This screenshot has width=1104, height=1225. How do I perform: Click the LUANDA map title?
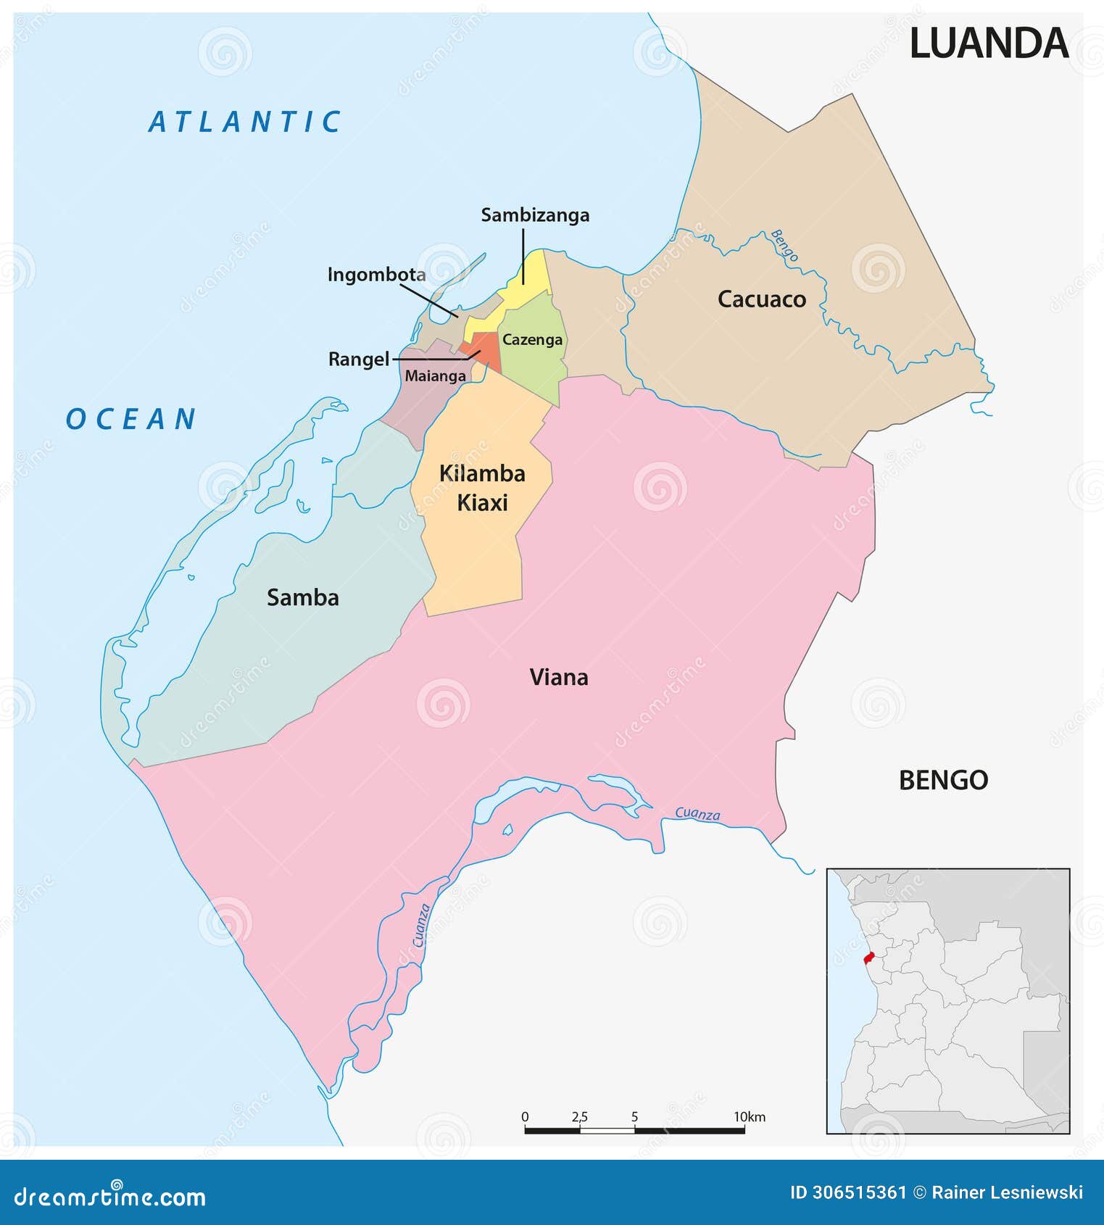[x=988, y=43]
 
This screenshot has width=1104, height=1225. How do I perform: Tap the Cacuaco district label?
[x=761, y=299]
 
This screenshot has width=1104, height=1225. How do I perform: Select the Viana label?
[x=559, y=677]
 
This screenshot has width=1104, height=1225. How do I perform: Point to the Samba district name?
[x=303, y=597]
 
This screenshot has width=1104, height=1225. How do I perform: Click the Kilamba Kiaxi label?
[x=482, y=488]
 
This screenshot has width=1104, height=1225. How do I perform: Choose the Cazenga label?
[x=532, y=340]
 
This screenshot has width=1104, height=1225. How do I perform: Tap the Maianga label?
[x=435, y=375]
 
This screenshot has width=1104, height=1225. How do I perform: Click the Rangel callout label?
[x=359, y=359]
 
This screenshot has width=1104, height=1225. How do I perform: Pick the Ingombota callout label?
[x=376, y=275]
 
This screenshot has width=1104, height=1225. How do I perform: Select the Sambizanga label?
[x=535, y=215]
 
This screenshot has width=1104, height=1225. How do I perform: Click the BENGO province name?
[x=943, y=780]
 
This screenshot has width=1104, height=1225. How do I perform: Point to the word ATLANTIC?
[x=245, y=122]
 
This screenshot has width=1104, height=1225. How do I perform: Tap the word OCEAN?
[x=131, y=419]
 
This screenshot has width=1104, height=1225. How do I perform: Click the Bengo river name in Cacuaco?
[x=784, y=245]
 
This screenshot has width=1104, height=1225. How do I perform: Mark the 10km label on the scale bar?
[x=749, y=1116]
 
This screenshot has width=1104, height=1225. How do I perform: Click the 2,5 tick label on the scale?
[x=579, y=1116]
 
